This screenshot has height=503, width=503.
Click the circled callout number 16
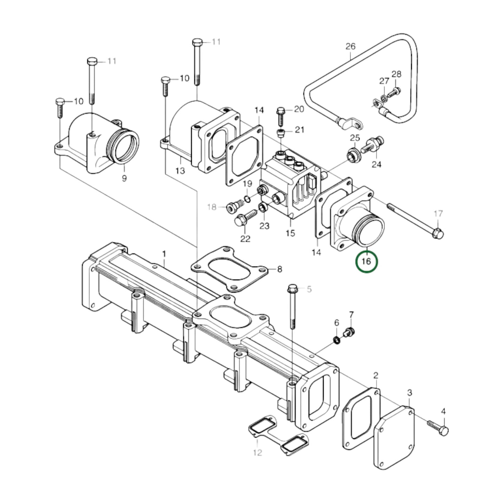[366, 261]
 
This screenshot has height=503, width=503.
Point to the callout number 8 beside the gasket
[280, 269]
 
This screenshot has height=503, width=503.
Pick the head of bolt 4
[444, 430]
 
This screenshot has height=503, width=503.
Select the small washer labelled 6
[337, 339]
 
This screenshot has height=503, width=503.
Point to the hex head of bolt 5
[292, 289]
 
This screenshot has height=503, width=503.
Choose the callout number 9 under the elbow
[124, 179]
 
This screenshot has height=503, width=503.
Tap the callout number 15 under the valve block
[290, 233]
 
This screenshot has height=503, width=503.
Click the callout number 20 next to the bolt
[299, 109]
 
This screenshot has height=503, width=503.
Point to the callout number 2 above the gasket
[376, 375]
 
